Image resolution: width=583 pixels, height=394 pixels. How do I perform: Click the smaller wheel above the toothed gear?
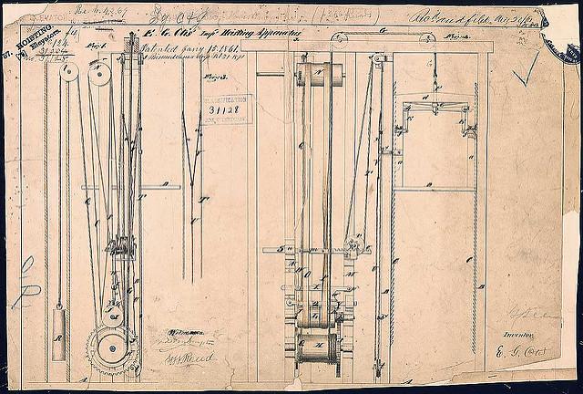pyautogui.click(x=111, y=316)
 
